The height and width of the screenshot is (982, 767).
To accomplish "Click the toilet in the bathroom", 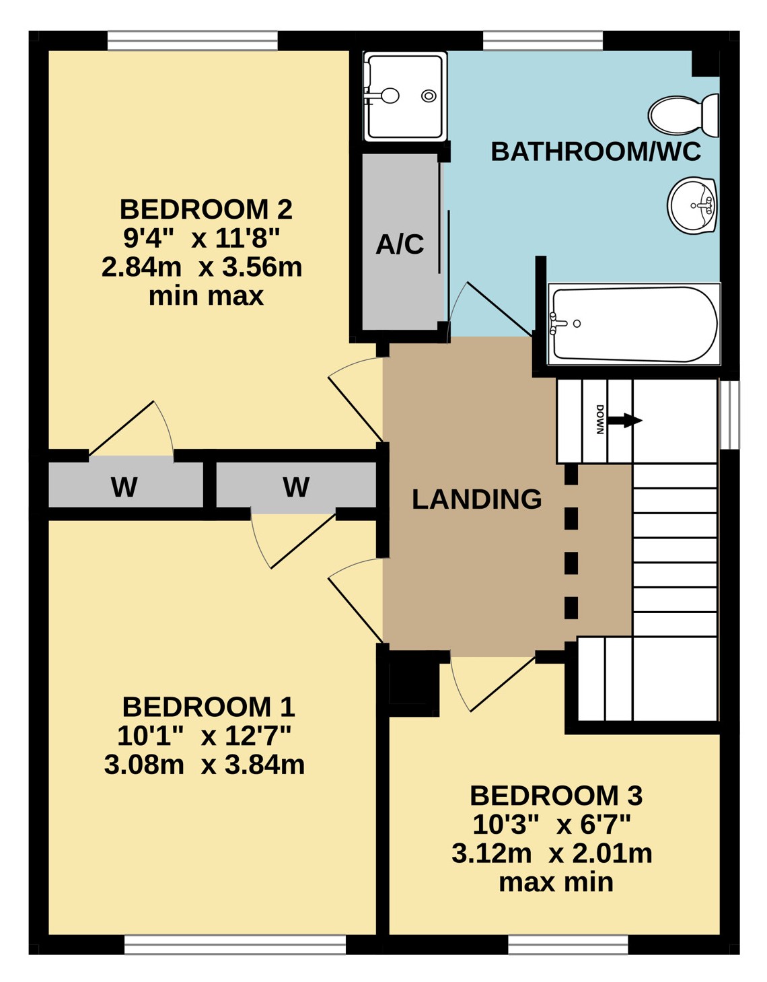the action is point(682,115).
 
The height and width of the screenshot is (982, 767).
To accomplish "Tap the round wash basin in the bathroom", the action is point(692,205).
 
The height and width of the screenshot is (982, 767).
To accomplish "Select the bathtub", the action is point(634,324).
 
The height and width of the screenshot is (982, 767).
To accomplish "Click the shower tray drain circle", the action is point(428,96).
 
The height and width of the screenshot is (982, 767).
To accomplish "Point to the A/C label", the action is point(400,244).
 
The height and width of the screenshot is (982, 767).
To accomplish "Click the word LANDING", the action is point(476,499).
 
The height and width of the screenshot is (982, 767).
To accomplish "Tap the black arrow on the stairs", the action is point(624,420).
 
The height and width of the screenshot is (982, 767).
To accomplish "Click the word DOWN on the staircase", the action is point(600,419).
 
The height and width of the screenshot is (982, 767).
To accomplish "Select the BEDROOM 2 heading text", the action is point(206,209).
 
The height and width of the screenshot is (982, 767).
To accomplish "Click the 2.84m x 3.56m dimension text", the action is point(201,267).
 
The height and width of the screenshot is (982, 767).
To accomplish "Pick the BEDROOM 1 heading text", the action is point(209,707).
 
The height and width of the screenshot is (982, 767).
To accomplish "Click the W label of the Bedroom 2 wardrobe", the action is point(124,487).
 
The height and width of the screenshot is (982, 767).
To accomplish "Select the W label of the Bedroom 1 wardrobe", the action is point(296,487).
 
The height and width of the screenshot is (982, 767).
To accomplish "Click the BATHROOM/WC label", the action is point(596,151).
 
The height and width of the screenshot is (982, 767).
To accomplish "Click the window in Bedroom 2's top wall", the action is point(192,40).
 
